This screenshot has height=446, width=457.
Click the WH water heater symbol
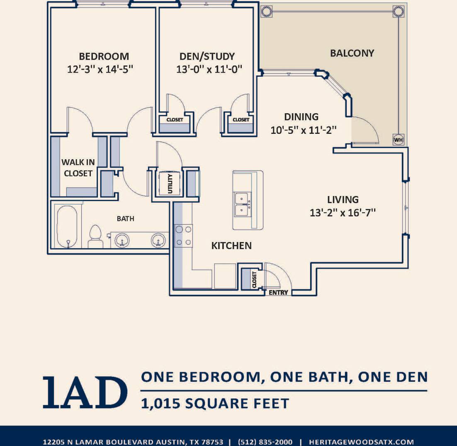click(x=398, y=140)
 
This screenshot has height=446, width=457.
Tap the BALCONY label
click(x=352, y=53)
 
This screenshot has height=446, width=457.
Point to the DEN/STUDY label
click(x=207, y=56)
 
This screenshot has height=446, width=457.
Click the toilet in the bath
click(x=96, y=237)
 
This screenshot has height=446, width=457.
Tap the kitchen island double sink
click(x=242, y=204)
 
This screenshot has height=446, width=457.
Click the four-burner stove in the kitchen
click(x=184, y=235)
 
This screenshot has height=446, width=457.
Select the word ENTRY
click(x=278, y=293)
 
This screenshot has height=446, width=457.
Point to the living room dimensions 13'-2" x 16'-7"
click(x=343, y=213)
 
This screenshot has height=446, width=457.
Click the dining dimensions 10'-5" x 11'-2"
click(x=303, y=130)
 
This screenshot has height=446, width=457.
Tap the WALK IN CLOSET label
click(x=78, y=168)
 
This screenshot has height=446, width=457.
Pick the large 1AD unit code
click(x=85, y=391)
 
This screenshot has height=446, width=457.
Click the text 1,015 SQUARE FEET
click(x=215, y=403)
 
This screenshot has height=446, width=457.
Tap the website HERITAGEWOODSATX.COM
click(x=361, y=442)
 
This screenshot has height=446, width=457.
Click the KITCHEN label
click(x=231, y=246)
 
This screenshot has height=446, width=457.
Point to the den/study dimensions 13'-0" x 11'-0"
click(x=209, y=69)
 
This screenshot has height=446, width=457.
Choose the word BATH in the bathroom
click(x=125, y=218)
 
